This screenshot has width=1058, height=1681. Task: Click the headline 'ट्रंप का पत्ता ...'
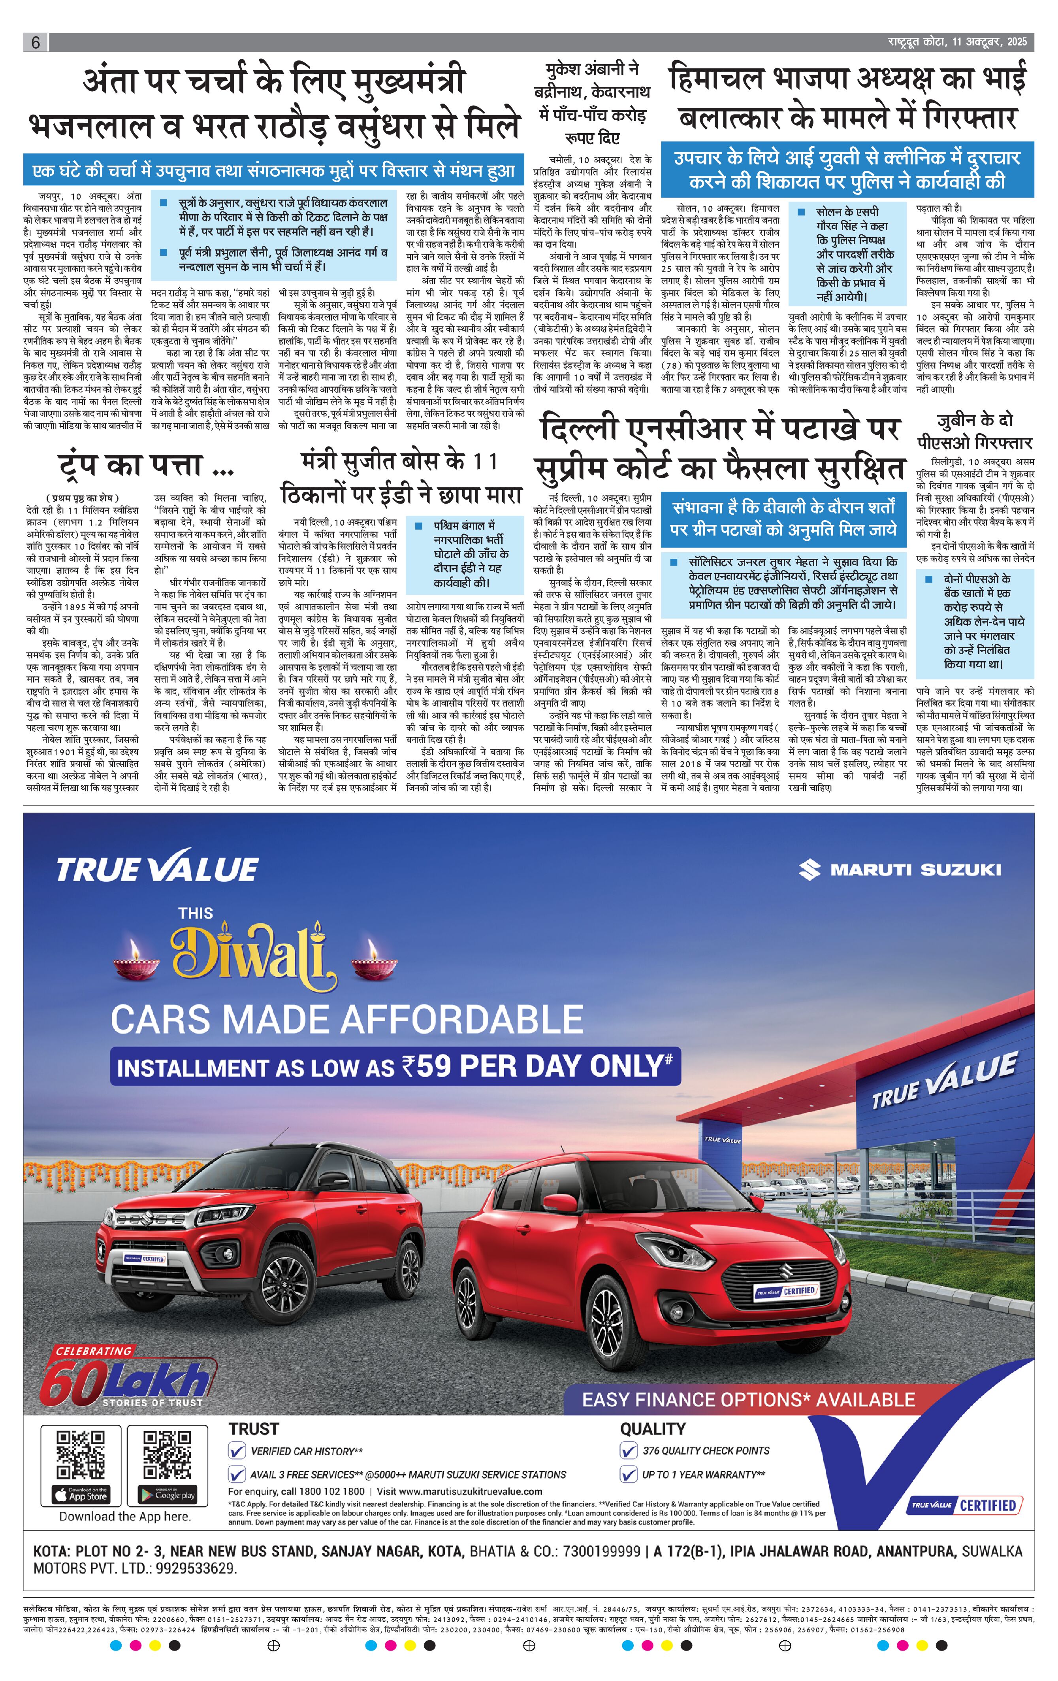145,465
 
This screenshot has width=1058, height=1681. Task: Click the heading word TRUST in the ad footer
253,1428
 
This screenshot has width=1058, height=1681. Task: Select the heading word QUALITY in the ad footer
653,1428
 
